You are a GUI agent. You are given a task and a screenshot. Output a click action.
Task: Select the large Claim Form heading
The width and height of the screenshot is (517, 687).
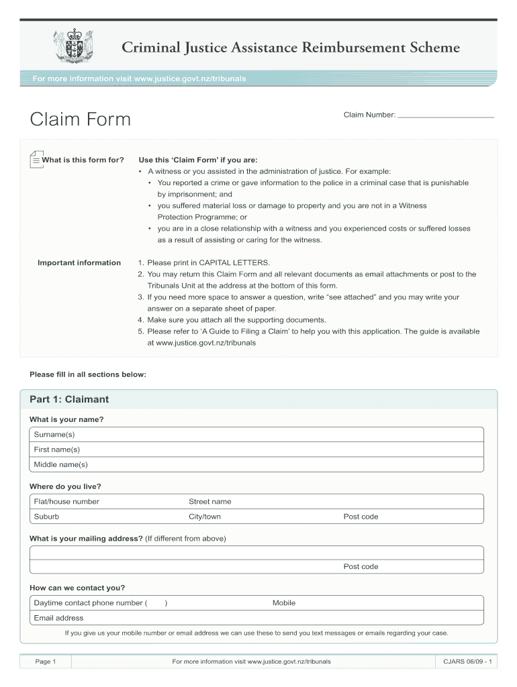81,119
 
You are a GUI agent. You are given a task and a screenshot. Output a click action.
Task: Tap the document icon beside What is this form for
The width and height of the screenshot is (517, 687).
36,160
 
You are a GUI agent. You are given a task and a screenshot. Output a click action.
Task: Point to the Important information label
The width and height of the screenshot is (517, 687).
79,263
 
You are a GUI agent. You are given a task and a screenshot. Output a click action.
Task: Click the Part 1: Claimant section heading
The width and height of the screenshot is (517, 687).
69,400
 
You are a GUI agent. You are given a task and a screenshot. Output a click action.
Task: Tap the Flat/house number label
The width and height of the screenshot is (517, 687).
66,502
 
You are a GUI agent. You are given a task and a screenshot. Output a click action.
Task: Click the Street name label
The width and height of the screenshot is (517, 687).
209,502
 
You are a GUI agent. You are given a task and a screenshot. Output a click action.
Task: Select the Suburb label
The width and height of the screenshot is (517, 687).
46,517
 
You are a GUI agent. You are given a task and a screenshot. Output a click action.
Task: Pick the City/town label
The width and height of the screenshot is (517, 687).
205,517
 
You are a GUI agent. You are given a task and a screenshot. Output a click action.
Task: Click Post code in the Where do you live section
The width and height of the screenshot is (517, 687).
361,517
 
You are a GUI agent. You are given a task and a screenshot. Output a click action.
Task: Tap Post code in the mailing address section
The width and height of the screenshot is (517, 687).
361,567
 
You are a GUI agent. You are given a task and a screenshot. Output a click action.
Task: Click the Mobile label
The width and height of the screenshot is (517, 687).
284,603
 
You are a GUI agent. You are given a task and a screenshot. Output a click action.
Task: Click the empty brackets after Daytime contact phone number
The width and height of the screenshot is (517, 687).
156,603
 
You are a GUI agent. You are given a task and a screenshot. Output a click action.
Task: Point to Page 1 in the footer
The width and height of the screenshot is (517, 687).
45,662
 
